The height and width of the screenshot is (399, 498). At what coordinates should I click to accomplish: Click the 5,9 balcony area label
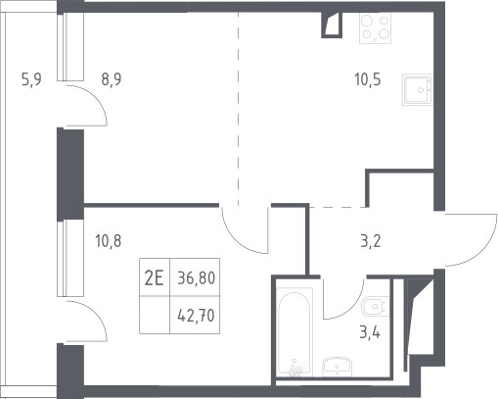[31, 79]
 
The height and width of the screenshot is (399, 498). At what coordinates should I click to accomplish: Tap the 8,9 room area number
[112, 79]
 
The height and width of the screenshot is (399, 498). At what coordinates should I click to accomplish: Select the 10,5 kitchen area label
[368, 79]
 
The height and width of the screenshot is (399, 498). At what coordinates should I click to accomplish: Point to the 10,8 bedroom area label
[109, 241]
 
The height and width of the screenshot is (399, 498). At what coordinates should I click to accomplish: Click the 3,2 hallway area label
[371, 241]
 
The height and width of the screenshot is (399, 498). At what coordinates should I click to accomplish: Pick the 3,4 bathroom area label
[370, 333]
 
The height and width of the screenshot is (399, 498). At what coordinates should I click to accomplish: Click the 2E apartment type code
[154, 278]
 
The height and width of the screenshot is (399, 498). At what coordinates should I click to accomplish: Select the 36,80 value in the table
[197, 278]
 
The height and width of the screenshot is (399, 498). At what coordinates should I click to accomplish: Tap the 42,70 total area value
[196, 316]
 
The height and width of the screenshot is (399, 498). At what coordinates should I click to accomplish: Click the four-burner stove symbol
[375, 28]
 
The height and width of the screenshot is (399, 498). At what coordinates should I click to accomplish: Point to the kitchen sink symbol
[418, 89]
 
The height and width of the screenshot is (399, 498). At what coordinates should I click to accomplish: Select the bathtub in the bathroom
[294, 331]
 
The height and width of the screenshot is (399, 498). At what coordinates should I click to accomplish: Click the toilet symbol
[376, 307]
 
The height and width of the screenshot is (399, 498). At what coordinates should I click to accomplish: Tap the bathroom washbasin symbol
[338, 367]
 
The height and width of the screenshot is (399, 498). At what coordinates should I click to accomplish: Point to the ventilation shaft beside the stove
[332, 25]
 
